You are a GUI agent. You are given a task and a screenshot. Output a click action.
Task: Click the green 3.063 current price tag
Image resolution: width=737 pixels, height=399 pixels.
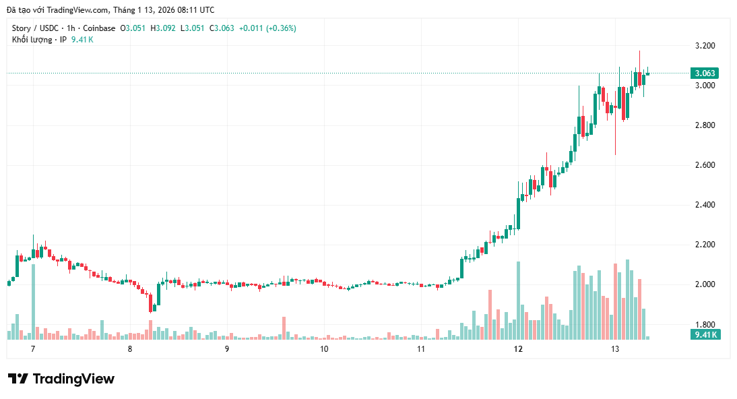(705, 73)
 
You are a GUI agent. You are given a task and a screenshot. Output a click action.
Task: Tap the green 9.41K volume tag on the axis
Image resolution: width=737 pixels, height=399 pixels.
(705, 334)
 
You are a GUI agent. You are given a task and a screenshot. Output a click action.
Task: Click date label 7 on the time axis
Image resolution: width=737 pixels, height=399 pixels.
(32, 349)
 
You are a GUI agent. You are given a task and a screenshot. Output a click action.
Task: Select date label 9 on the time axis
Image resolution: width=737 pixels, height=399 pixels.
(227, 349)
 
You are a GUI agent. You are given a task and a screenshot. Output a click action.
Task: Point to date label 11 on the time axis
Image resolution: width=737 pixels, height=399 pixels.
(421, 349)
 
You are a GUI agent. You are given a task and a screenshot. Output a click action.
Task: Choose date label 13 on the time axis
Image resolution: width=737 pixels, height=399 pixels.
(615, 349)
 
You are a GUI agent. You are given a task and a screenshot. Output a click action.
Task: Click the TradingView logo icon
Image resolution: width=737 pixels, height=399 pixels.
(18, 379)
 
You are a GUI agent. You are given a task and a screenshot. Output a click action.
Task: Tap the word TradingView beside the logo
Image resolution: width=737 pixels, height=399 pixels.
(73, 379)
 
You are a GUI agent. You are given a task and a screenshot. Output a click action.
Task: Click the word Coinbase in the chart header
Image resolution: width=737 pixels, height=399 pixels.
(99, 28)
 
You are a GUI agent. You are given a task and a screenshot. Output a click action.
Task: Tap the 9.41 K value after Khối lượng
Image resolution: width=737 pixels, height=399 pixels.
(82, 40)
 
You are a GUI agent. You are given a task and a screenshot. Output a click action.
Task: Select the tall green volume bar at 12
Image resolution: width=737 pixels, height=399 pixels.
(518, 300)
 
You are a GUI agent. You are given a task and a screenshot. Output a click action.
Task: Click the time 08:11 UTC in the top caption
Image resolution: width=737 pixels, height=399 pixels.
(195, 9)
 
